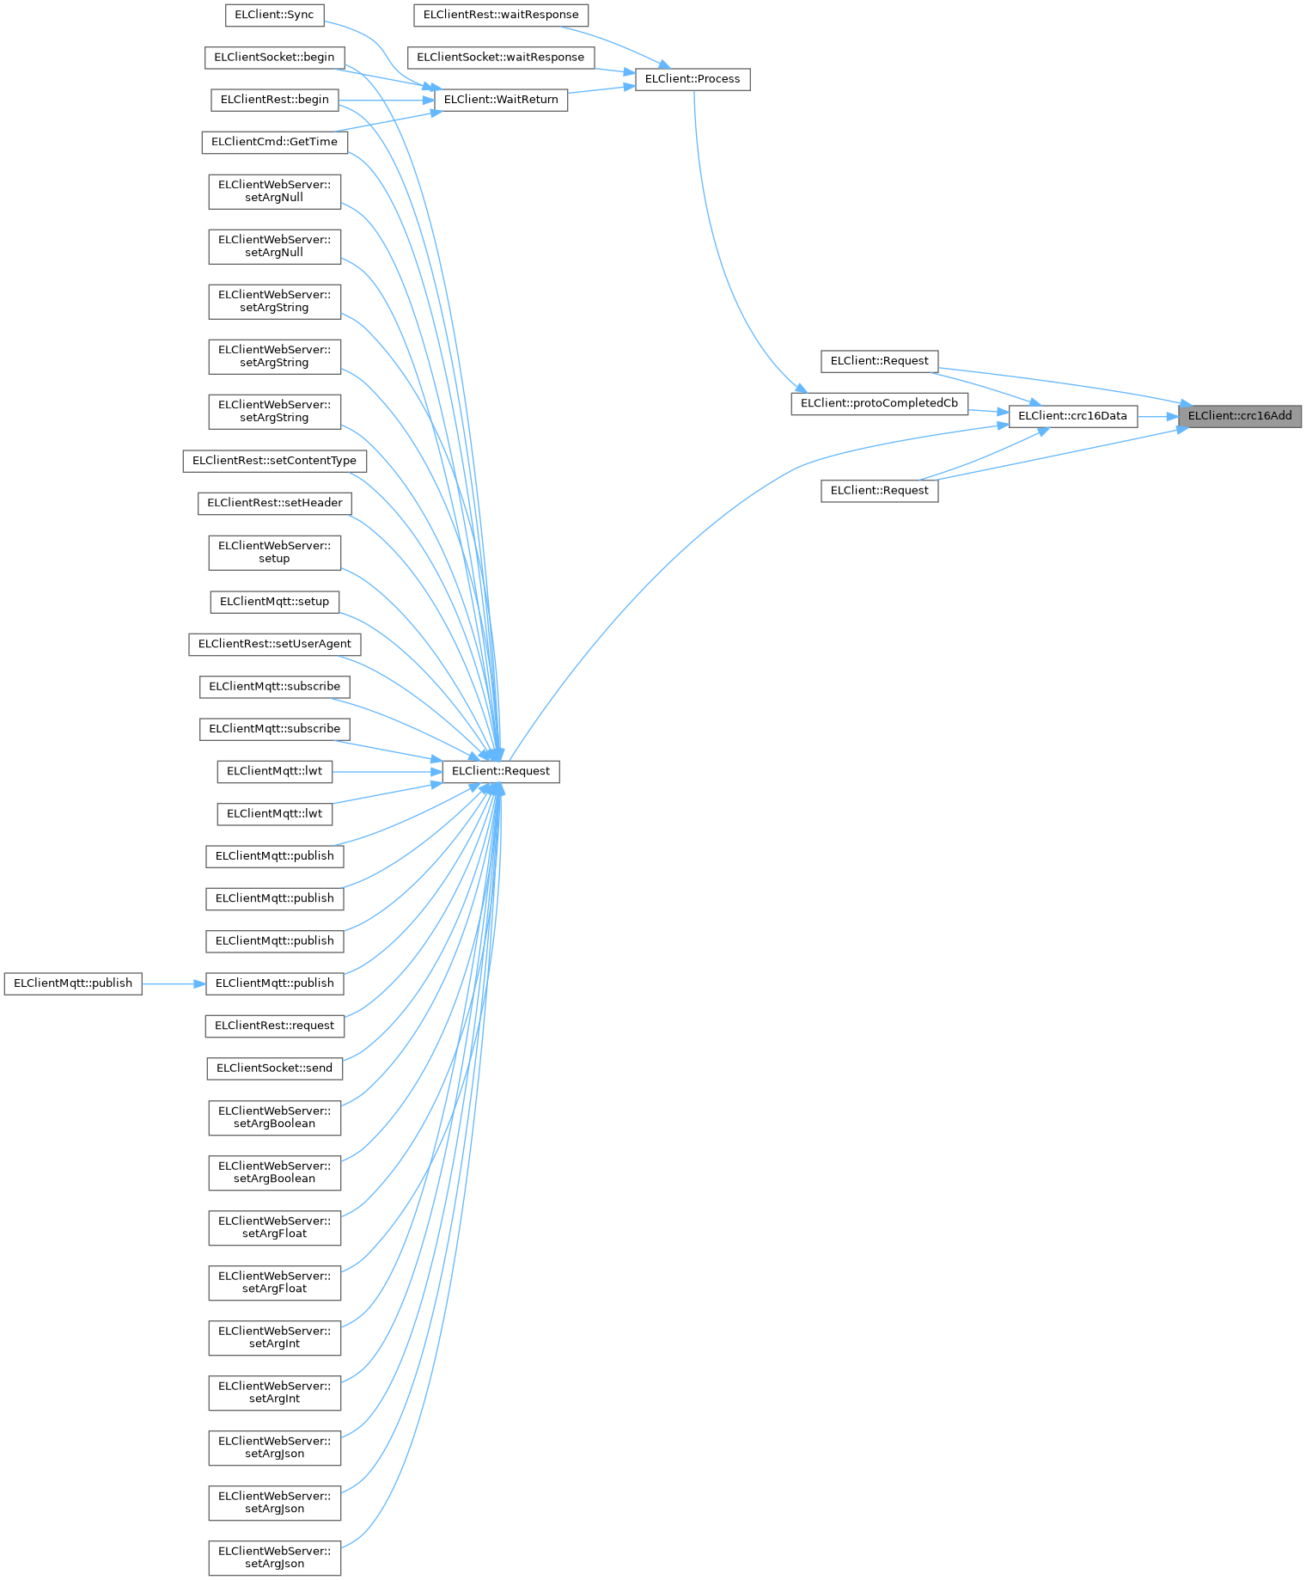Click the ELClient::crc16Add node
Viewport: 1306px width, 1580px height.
[1240, 416]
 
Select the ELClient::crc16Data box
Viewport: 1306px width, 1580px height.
[1072, 416]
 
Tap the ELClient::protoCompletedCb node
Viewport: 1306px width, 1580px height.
[879, 403]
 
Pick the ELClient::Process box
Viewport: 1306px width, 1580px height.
[693, 79]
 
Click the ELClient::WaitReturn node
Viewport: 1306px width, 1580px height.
[501, 100]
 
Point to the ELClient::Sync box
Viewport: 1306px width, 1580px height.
[274, 15]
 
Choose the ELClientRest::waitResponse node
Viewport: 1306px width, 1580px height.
[501, 15]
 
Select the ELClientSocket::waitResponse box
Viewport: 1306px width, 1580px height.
[501, 58]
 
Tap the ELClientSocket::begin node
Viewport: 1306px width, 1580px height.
[274, 58]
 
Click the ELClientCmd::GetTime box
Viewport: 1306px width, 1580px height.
[274, 142]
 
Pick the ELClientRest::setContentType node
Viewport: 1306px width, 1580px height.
[274, 461]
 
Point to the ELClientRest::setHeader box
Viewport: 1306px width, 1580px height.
[274, 503]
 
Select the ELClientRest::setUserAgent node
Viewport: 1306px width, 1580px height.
[274, 644]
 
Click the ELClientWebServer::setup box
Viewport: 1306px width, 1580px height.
[274, 552]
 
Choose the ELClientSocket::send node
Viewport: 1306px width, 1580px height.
[274, 1068]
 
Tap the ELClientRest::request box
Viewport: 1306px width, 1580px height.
[274, 1026]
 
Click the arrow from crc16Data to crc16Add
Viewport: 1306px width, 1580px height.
[1158, 417]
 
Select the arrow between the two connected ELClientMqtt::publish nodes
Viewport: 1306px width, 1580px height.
[174, 983]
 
